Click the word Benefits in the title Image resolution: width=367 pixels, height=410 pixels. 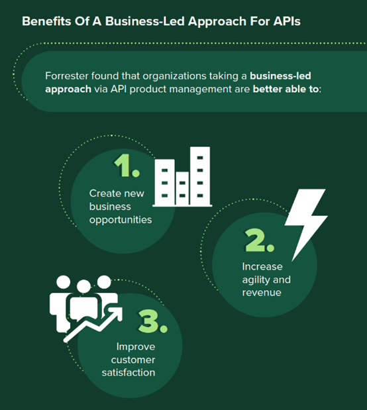pos(46,21)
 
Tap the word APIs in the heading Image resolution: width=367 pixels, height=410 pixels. pos(287,21)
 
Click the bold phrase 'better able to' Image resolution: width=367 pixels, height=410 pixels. pos(286,89)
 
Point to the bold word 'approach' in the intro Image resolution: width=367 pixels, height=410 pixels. pos(68,89)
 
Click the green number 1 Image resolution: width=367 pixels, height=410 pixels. pos(127,165)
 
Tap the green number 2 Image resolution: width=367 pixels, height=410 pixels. pos(260,240)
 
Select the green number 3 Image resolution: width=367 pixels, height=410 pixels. pos(152,321)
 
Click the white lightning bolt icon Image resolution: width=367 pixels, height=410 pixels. pos(306,225)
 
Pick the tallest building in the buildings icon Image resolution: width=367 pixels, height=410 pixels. pos(200,176)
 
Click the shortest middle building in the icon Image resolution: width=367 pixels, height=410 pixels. pos(182,189)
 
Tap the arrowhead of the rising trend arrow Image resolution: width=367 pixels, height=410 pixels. pos(116,313)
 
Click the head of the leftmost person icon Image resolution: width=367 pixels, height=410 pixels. pos(64,282)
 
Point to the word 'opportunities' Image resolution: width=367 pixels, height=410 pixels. pos(121,220)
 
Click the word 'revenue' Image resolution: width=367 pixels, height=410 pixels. pos(262,293)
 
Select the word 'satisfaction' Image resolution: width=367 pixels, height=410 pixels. pos(129,372)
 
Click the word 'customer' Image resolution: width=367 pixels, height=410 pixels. pos(133,360)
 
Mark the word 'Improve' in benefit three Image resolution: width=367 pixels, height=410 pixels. pos(136,347)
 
